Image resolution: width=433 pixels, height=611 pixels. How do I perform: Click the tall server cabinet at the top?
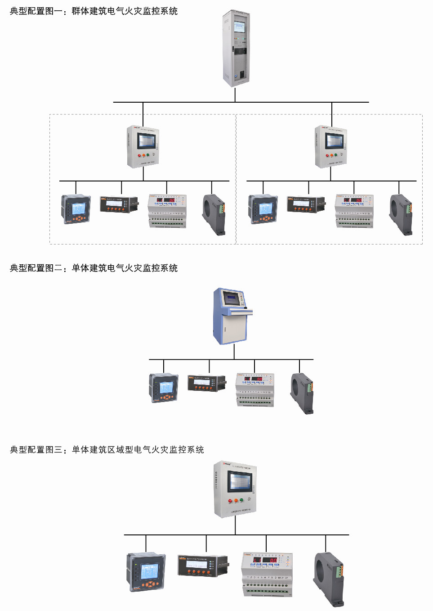[x=236, y=49]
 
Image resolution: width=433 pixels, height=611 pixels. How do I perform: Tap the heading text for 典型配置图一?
[x=94, y=11]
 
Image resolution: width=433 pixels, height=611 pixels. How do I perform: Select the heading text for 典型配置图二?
[x=94, y=268]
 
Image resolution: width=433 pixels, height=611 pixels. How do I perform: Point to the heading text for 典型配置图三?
[x=107, y=450]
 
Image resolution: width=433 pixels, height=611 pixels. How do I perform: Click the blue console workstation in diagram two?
[x=232, y=317]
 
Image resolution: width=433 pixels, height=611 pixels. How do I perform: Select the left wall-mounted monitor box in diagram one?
[x=143, y=147]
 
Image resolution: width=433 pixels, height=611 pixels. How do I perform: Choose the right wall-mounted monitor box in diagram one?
[x=331, y=147]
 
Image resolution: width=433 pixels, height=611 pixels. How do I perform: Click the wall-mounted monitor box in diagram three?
[x=235, y=489]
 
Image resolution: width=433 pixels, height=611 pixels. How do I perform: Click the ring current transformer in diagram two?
[x=301, y=393]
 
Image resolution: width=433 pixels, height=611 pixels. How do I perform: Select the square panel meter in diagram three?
[x=146, y=572]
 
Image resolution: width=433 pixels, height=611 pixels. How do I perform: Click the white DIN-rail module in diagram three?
[x=267, y=574]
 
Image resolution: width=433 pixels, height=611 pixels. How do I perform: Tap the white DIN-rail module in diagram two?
[x=255, y=389]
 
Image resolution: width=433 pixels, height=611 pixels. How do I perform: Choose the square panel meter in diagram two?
[x=164, y=388]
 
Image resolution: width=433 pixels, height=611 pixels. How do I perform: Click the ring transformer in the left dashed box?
[x=214, y=214]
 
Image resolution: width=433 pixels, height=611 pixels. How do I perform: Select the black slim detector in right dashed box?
[x=306, y=204]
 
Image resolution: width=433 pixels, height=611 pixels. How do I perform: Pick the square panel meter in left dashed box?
[x=76, y=209]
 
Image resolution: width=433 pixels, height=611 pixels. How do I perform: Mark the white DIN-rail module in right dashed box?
[x=354, y=211]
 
